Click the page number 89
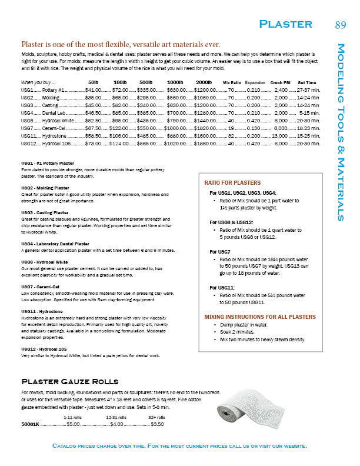[x=340, y=24]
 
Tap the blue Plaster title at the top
[x=286, y=24]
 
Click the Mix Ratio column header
[x=232, y=82]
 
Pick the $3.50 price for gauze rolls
[x=157, y=424]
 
